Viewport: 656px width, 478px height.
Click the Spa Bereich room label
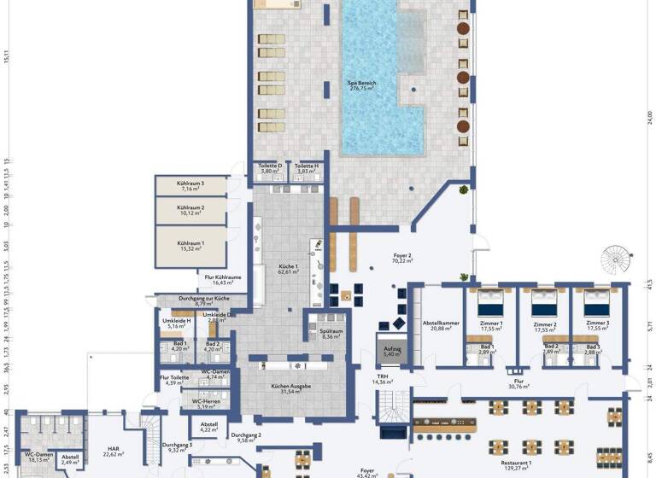coord(363,84)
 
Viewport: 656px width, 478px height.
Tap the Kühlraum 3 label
coord(190,183)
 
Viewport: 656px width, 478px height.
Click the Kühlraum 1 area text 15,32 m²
coord(190,248)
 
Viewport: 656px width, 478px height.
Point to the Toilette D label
coord(271,166)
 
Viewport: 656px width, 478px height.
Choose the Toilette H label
coord(305,166)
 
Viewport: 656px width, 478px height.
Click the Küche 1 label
coord(288,267)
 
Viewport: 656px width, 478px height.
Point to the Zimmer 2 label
coord(544,325)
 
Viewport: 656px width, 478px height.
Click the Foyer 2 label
coord(401,256)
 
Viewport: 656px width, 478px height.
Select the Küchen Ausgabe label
coord(291,387)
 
